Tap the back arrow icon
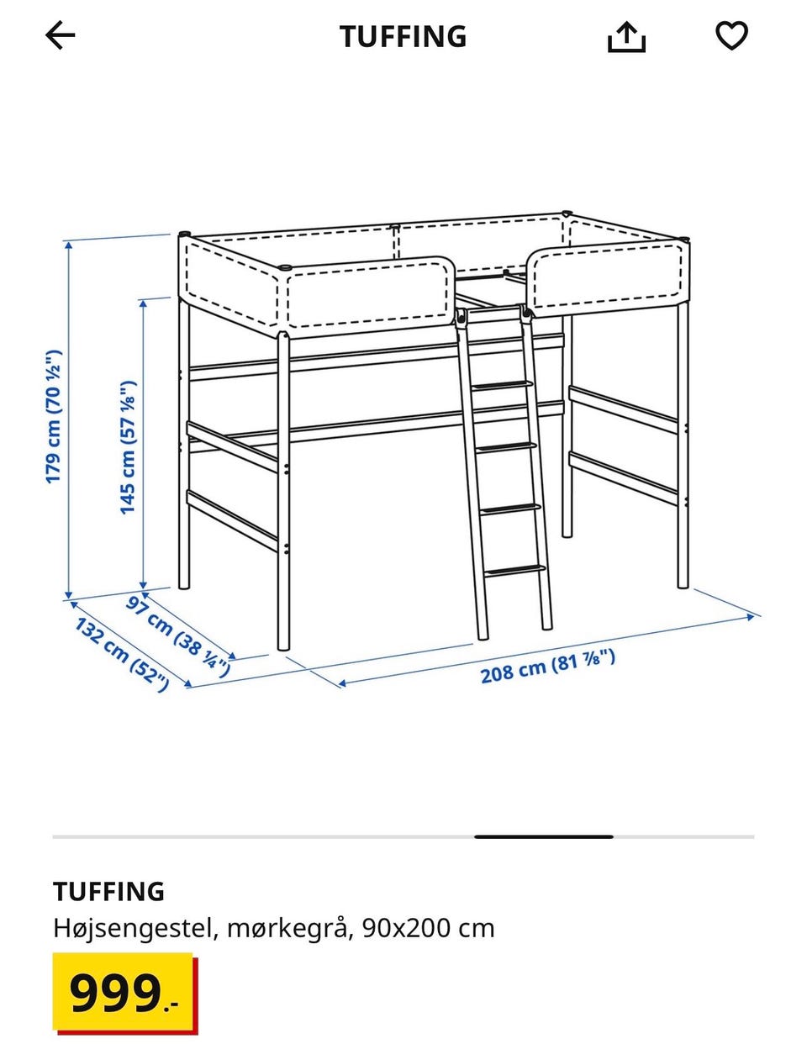point(60,35)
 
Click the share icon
point(626,37)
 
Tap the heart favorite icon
point(731,35)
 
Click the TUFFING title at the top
point(403,36)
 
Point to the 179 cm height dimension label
point(53,417)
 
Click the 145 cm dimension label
point(128,447)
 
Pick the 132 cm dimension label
point(122,655)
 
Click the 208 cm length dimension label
point(547,666)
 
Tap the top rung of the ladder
point(503,385)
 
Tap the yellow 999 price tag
point(124,992)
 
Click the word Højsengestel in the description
point(133,928)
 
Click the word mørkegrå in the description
point(287,929)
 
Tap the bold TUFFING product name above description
point(108,891)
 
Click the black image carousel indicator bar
point(544,836)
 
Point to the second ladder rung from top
point(506,447)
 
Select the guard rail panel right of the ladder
point(608,279)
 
